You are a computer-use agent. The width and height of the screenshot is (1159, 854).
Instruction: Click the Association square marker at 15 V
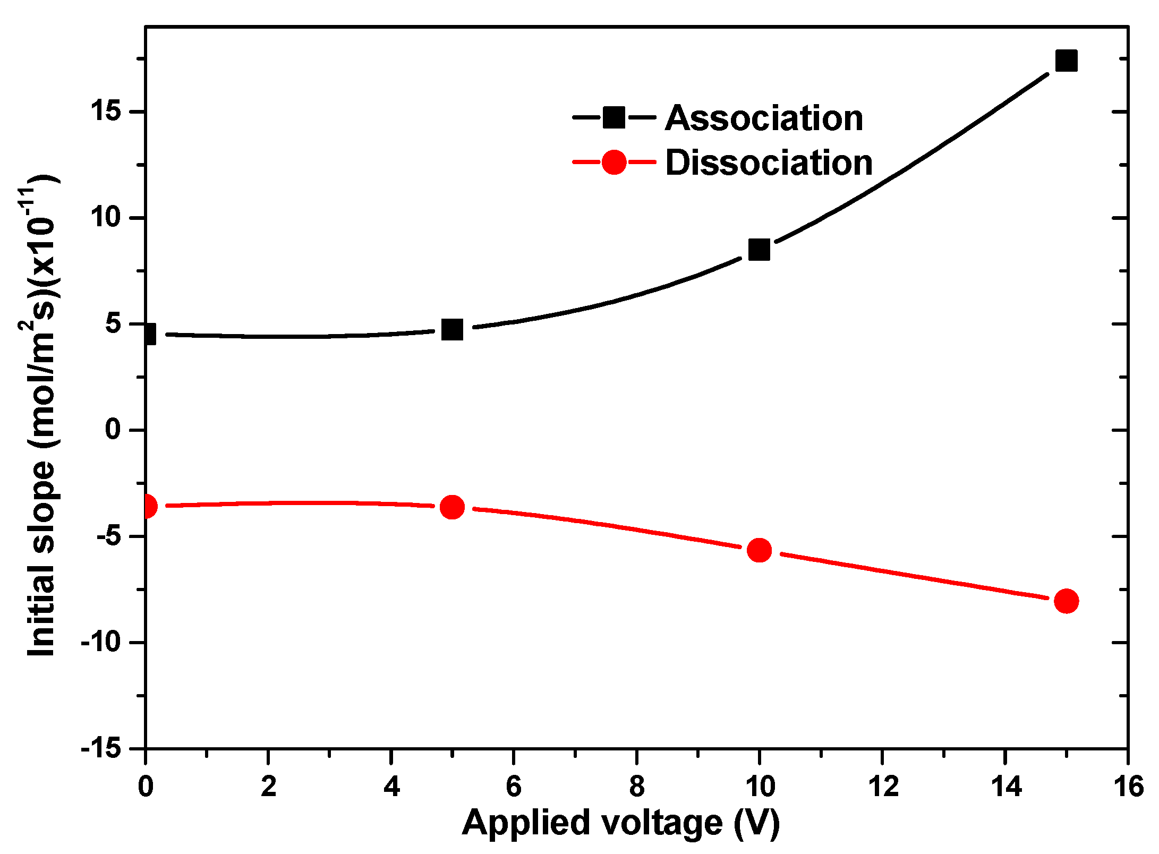tap(1066, 61)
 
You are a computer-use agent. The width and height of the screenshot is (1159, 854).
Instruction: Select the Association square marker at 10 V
tap(759, 249)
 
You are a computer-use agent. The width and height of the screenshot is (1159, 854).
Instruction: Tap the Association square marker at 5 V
tap(452, 330)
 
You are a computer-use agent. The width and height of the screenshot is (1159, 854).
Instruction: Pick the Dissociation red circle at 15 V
tap(1066, 601)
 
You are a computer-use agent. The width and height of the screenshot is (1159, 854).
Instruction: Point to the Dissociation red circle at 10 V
tap(759, 550)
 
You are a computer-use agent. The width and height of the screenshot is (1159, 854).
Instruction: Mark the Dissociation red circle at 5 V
tap(452, 507)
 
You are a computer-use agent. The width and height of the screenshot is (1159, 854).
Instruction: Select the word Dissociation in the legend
tap(769, 163)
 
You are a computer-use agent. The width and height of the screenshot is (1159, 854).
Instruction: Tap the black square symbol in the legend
tap(614, 117)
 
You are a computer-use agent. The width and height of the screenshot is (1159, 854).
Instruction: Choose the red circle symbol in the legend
tap(614, 162)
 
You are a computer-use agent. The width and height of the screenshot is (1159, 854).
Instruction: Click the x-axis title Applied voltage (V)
tap(620, 823)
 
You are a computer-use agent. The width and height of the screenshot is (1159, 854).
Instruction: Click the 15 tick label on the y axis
tap(106, 112)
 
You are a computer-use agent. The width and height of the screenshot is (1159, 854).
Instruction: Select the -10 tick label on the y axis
tap(101, 643)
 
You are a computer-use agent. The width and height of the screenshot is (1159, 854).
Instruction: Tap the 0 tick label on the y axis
tap(113, 429)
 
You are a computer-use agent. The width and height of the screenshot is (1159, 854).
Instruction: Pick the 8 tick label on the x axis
tap(636, 786)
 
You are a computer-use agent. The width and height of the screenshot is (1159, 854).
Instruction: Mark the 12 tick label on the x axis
tap(882, 786)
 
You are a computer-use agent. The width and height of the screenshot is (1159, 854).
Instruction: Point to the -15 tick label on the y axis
tap(101, 748)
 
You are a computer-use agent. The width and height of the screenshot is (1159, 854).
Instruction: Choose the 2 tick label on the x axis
tap(268, 786)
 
